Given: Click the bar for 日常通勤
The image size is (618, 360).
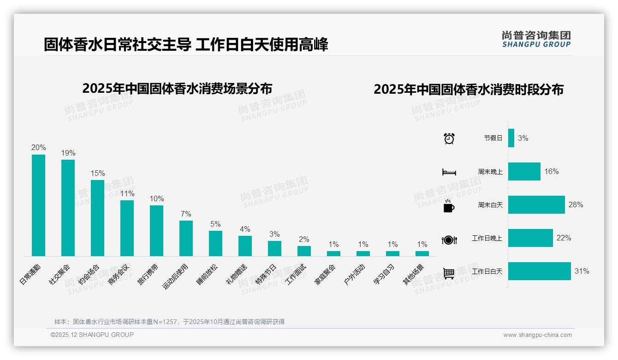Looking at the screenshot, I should pos(38,205).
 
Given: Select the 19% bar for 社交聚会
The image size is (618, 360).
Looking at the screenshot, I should pos(68,208).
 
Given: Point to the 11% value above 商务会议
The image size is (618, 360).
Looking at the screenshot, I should pos(127,194).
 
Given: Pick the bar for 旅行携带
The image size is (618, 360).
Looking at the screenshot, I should pos(156,231).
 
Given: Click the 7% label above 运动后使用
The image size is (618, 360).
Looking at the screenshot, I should pos(186,214).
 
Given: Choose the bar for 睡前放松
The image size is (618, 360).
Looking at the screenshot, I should pos(215,243).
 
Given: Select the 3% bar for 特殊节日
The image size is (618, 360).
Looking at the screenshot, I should pos(274,248).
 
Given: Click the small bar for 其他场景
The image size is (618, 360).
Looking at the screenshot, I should pos(422,253).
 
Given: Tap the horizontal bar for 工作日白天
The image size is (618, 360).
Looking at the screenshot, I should pos(539,271).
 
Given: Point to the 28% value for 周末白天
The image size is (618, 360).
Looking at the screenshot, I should pos(576,204).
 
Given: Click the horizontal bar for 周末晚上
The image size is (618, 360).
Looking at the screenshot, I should pos(524,171).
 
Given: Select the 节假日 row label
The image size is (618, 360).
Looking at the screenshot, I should pos(493,138).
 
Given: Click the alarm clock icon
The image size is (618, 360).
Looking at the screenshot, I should pos(449,138).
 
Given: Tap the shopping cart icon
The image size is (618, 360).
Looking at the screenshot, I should pos(449,273).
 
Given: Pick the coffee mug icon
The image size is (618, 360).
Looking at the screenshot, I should pos(449,206).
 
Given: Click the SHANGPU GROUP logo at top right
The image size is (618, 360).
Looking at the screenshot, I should pos(536,39).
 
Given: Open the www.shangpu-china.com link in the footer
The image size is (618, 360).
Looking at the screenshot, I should pos(537,335).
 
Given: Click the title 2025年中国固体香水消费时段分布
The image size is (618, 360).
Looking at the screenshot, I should pos(468,90).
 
